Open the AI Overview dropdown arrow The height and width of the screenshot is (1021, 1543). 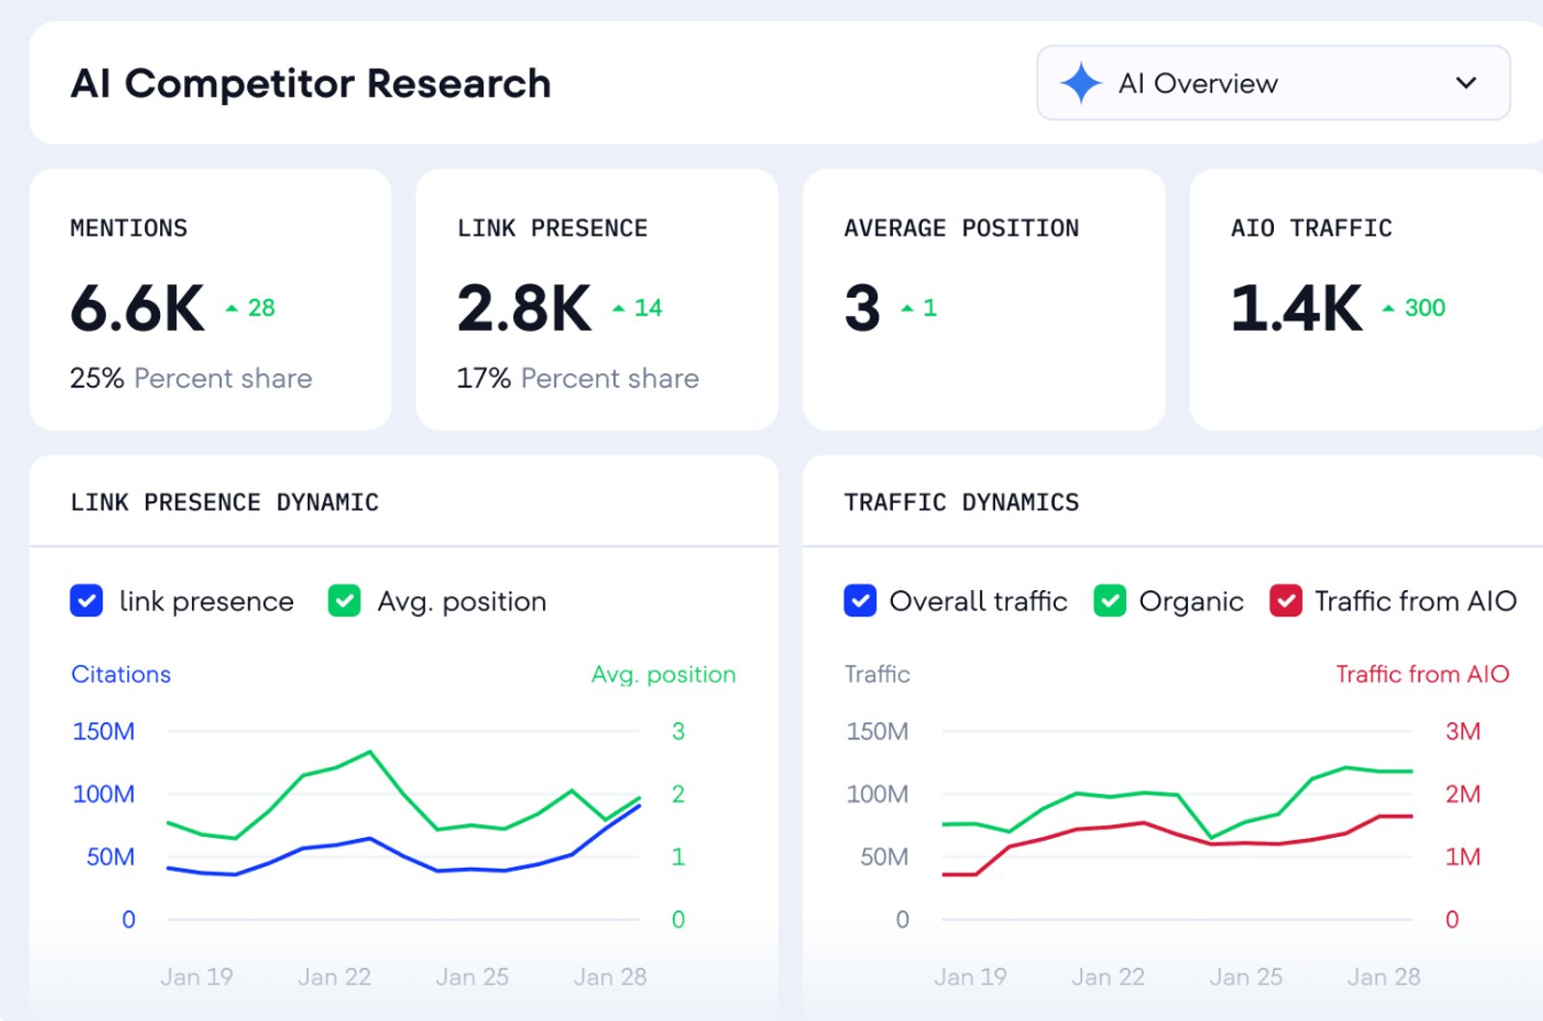tap(1466, 83)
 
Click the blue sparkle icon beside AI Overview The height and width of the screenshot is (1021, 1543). tap(1081, 83)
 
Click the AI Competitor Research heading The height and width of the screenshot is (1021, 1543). tap(311, 84)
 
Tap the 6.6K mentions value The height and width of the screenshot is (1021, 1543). tap(138, 309)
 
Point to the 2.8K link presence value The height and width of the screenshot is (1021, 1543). tap(524, 309)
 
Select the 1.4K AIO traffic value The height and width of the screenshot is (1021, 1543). tap(1296, 309)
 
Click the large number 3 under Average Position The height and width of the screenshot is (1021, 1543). tap(862, 309)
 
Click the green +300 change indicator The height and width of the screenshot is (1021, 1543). tap(1415, 309)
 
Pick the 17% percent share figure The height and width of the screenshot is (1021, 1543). tap(483, 378)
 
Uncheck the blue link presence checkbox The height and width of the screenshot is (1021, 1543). tap(87, 601)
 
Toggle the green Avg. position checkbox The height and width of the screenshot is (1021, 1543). tap(344, 601)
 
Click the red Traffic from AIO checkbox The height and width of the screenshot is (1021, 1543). tap(1286, 601)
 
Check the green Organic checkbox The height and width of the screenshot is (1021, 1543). tap(1110, 601)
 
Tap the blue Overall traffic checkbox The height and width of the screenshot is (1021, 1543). tap(860, 601)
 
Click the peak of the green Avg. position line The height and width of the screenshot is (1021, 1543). tap(369, 752)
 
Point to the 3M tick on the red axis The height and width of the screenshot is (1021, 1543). tap(1462, 732)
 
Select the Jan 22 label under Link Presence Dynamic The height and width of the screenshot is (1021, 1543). tap(334, 977)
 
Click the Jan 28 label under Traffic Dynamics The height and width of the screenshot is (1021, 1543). tap(1383, 977)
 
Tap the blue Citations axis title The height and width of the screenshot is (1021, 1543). tap(121, 674)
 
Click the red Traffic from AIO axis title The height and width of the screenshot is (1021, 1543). tap(1422, 674)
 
